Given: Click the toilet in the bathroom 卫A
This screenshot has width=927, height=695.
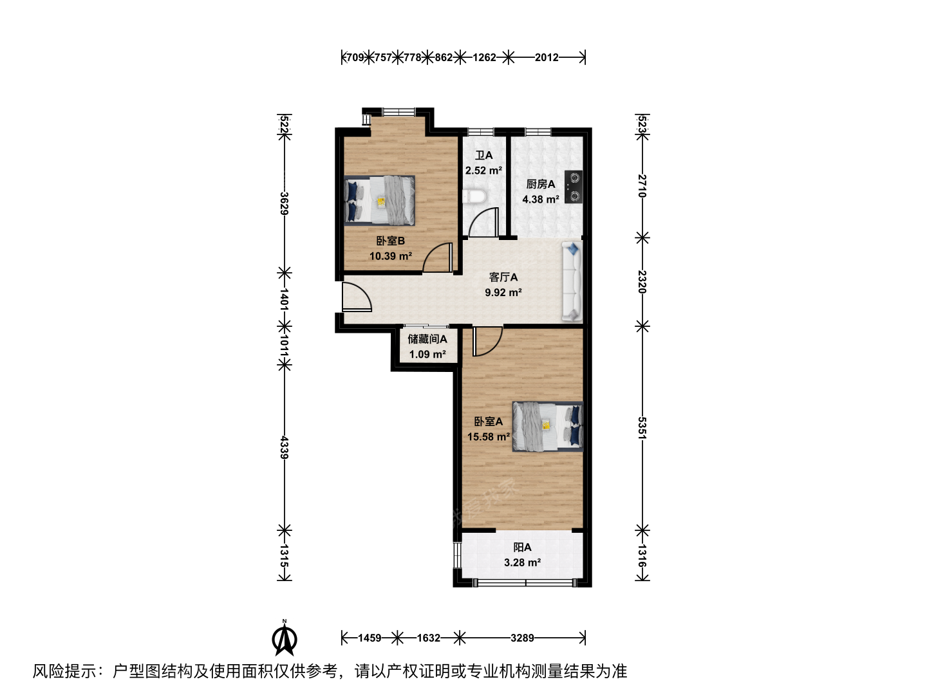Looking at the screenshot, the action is pyautogui.click(x=474, y=197).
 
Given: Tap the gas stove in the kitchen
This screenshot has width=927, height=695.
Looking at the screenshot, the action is pyautogui.click(x=574, y=187).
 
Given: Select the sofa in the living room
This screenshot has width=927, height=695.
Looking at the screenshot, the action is pyautogui.click(x=572, y=281).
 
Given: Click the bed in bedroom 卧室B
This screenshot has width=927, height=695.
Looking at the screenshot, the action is pyautogui.click(x=379, y=200).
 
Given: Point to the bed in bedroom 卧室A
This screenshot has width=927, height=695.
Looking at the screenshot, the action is pyautogui.click(x=548, y=426).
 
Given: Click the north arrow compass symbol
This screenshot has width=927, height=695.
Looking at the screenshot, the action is pyautogui.click(x=285, y=638).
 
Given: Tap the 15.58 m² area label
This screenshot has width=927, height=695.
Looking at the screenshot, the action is pyautogui.click(x=488, y=437).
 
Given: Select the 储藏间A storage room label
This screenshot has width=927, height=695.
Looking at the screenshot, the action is pyautogui.click(x=427, y=339).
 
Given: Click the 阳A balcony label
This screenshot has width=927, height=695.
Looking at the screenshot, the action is pyautogui.click(x=523, y=548).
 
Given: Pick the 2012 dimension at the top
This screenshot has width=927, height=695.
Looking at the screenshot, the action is pyautogui.click(x=547, y=57).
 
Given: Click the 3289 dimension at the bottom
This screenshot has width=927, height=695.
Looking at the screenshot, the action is pyautogui.click(x=522, y=638).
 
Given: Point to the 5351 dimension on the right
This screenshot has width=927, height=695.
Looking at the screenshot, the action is pyautogui.click(x=642, y=428).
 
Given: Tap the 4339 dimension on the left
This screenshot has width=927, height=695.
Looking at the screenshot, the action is pyautogui.click(x=285, y=447).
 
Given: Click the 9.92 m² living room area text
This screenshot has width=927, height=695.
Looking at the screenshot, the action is pyautogui.click(x=503, y=292).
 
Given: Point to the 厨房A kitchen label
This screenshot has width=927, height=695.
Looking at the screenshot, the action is pyautogui.click(x=541, y=185).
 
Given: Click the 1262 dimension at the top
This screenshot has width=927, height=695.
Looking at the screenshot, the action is pyautogui.click(x=484, y=57).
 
